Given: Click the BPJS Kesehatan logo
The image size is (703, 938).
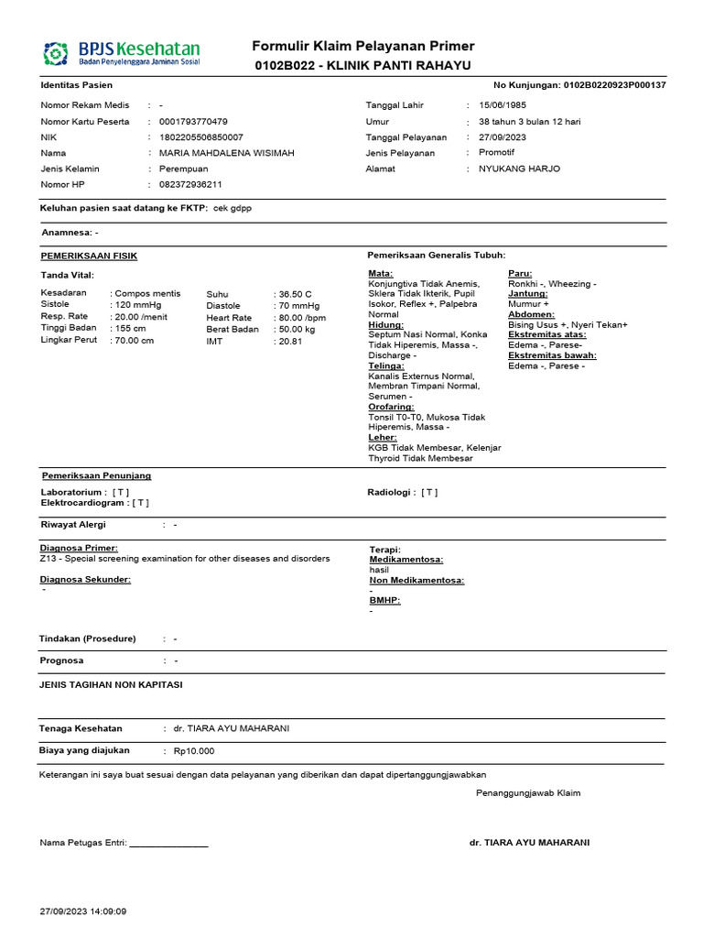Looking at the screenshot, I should (x=121, y=54).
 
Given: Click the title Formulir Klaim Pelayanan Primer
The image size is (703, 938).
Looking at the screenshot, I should (x=363, y=47).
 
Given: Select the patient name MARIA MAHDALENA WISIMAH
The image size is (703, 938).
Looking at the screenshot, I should (x=227, y=153).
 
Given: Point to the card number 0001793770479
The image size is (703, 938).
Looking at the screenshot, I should (x=193, y=122).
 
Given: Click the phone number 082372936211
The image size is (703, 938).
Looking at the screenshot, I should (x=190, y=184).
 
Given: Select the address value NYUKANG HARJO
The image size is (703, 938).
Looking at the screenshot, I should (x=519, y=169).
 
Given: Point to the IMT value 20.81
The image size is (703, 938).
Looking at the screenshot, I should (x=290, y=341).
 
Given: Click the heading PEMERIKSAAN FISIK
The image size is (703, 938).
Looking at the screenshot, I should (x=89, y=256).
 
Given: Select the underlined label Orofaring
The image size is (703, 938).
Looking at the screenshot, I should (x=391, y=407).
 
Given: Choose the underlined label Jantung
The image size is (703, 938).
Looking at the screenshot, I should (x=528, y=294).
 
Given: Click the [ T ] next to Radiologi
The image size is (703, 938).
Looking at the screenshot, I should (x=429, y=492).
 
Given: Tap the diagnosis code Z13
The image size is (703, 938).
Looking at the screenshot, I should (x=49, y=558).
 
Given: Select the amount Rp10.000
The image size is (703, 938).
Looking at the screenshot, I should (x=194, y=751).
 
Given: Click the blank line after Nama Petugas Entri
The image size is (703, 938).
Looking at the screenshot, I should (x=169, y=844).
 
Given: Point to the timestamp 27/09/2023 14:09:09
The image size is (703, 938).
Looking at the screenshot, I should (x=83, y=911).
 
